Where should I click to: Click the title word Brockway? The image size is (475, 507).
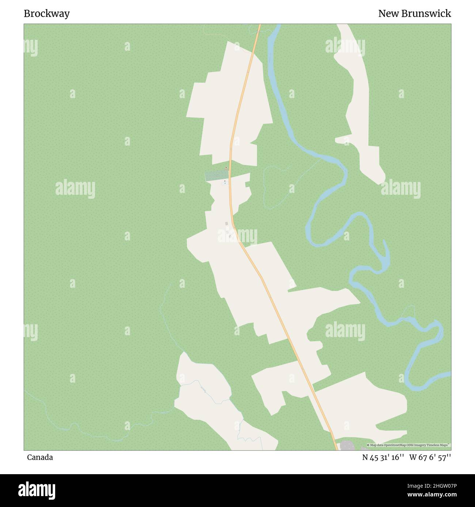[47, 14]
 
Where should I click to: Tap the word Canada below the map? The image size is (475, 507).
[40, 457]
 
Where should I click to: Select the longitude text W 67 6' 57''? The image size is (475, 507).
[430, 457]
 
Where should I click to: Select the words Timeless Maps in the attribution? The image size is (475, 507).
[440, 445]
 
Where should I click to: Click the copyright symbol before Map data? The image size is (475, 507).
[368, 445]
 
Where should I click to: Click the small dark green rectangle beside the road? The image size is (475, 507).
[216, 176]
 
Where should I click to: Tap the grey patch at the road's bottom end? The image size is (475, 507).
[347, 446]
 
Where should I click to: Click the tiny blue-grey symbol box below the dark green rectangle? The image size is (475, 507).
[225, 182]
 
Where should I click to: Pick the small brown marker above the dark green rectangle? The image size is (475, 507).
[226, 168]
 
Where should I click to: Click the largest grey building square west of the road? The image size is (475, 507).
[227, 224]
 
